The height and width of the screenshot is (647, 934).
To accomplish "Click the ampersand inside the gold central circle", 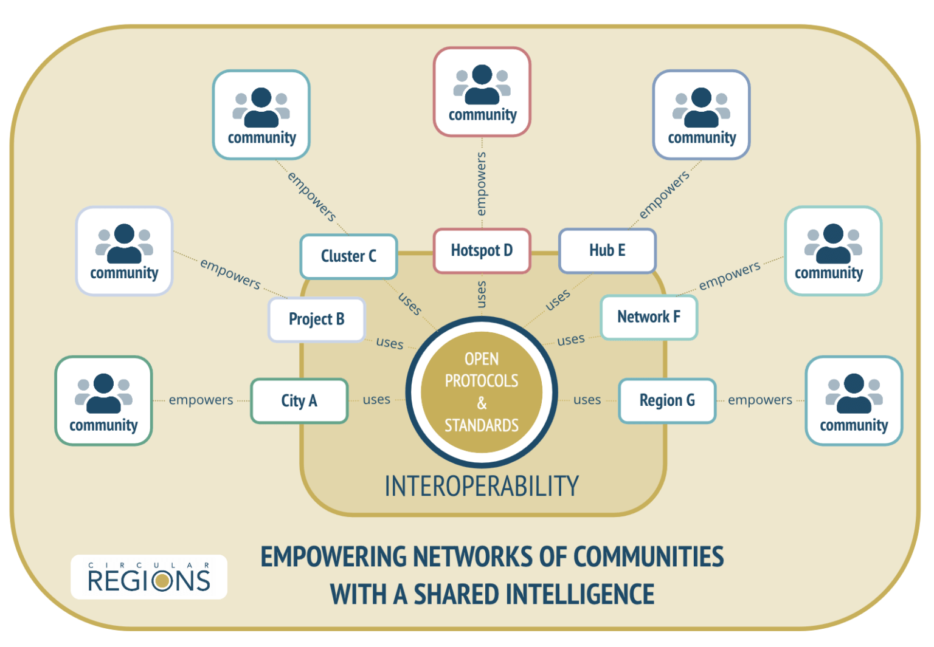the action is pos(482,403).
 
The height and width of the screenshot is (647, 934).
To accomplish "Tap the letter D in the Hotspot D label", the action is pos(508,250).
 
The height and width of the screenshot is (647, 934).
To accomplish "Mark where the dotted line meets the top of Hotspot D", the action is pos(482,228).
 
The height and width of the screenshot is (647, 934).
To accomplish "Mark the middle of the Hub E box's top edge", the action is pos(607,228).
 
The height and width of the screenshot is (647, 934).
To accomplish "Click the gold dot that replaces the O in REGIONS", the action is pos(162,580).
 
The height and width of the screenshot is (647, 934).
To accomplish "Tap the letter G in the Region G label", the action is pos(690,400).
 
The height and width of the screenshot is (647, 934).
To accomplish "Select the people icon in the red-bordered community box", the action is pos(482,84).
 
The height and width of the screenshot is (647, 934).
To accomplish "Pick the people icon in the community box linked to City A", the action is pos(103,393).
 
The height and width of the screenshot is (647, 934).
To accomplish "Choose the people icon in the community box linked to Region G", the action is pos(854,393).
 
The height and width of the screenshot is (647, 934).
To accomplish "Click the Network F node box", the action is pos(649,317).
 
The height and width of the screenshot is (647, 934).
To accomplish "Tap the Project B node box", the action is pos(316,320).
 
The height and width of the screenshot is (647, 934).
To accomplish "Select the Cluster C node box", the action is pos(348,256).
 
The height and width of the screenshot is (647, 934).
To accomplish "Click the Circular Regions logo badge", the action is pos(149,577).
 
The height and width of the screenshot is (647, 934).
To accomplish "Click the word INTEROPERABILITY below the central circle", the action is pos(482,486).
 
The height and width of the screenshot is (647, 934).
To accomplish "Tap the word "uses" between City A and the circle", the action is pos(376,400).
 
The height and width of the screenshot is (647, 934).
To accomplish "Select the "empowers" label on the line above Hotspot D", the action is pos(481,183).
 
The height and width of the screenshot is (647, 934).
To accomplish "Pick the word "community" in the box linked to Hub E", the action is pos(702,138).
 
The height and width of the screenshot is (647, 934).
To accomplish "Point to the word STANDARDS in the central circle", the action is pos(482,425).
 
